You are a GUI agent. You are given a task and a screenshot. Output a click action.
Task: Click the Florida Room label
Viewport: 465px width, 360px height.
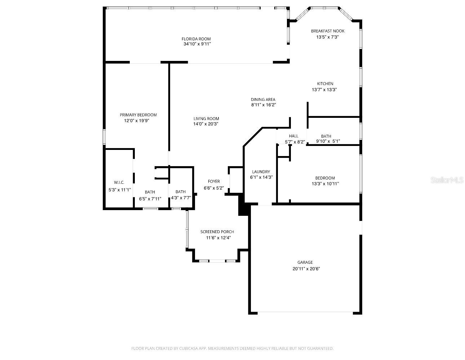[x=196, y=39]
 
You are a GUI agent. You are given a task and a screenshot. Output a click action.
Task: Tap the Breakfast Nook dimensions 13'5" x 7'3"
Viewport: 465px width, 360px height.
[x=328, y=37]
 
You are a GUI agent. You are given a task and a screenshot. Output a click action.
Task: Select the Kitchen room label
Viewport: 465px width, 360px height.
[x=325, y=84]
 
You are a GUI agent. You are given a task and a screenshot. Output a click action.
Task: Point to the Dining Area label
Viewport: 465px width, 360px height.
[x=263, y=99]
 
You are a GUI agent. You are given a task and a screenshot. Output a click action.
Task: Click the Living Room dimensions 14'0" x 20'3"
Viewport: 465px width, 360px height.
[x=206, y=124]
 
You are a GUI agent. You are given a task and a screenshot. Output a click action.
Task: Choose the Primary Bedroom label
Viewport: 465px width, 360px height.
[x=138, y=115]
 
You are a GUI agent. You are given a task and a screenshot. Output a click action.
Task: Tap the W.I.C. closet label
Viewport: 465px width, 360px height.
[x=119, y=183]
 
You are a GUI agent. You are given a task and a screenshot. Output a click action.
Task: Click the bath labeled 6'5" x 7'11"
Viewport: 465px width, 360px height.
[x=150, y=199]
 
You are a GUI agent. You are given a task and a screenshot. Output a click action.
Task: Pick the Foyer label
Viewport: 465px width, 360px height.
[x=214, y=181]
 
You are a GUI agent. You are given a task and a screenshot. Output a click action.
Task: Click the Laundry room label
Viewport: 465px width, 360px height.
[x=261, y=172]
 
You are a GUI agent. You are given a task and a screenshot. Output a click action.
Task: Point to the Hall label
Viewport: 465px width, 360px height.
[x=293, y=136]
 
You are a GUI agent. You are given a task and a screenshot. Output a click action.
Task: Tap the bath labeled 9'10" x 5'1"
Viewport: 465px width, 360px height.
[x=328, y=141]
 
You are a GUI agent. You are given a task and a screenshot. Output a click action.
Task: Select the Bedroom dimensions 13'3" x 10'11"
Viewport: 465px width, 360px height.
[x=325, y=184]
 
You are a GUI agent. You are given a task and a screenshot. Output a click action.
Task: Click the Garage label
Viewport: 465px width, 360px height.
[x=305, y=262]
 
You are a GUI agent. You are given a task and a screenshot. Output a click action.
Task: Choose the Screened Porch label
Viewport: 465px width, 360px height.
[x=217, y=232]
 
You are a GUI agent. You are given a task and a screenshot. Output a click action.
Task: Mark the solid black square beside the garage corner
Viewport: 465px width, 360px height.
[x=244, y=208]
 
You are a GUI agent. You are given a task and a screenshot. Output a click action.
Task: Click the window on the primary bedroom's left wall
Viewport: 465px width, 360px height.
[x=104, y=137]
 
